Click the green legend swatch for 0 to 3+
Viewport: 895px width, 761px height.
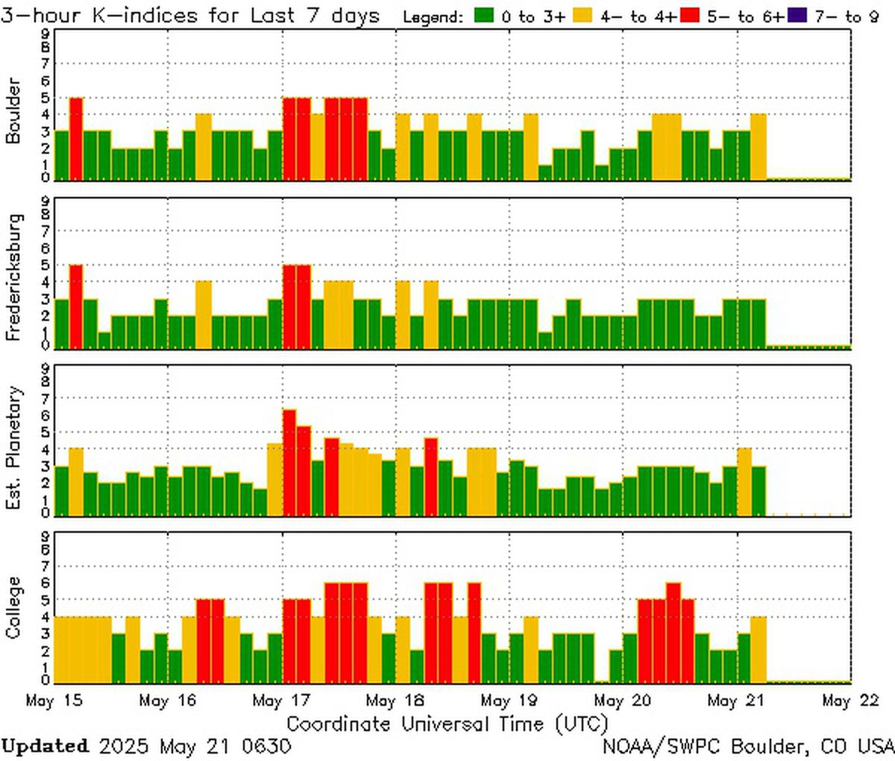pos(483,16)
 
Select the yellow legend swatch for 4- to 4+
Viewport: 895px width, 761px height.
pos(585,16)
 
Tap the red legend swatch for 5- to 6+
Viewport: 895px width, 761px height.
pos(689,16)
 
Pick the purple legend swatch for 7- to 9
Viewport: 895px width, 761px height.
pos(796,16)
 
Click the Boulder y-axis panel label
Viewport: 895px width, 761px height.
pos(13,110)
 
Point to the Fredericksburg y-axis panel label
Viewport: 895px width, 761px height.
pos(13,278)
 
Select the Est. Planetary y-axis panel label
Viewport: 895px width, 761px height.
pos(13,448)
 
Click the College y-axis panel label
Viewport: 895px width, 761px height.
pos(13,607)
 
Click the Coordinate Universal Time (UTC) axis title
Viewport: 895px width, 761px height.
pos(447,724)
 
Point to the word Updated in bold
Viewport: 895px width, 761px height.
pos(45,746)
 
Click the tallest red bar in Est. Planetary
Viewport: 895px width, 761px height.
pos(289,463)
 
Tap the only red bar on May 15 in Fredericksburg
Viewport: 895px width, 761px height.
pos(76,306)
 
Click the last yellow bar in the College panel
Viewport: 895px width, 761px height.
pos(759,648)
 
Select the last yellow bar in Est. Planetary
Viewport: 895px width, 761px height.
pos(744,481)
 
